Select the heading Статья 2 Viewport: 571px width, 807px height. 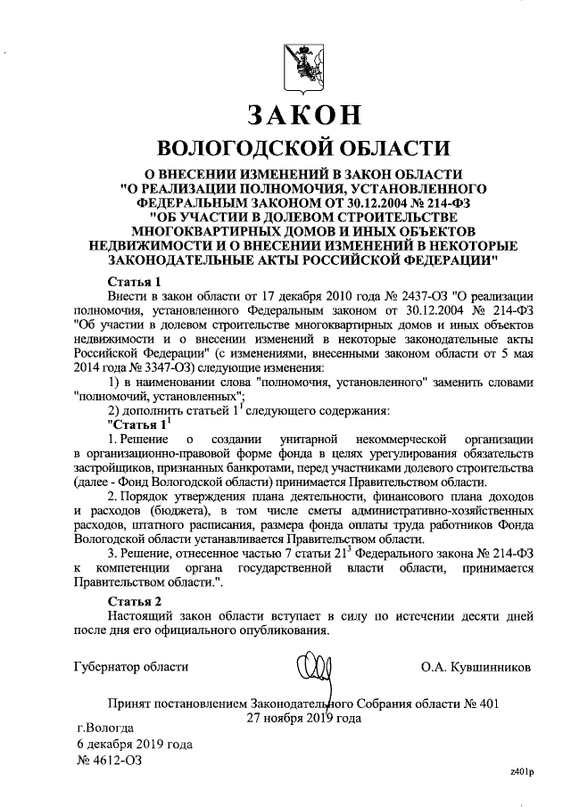[x=134, y=599]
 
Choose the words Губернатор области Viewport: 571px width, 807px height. [x=132, y=666]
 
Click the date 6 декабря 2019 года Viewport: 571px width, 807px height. [x=135, y=744]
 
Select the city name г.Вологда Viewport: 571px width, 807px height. [x=105, y=727]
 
